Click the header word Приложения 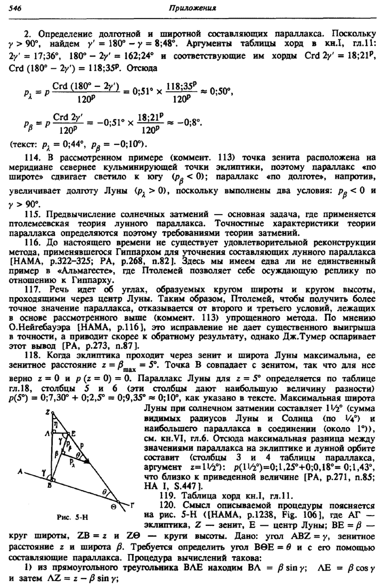click(x=192, y=8)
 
